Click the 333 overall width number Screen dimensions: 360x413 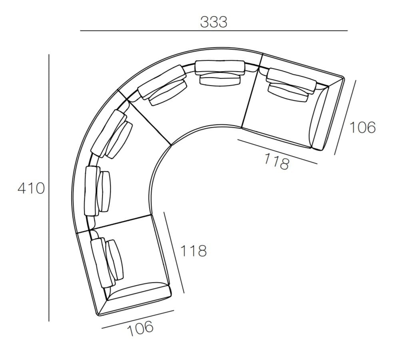(213, 22)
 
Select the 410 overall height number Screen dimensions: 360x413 (31, 188)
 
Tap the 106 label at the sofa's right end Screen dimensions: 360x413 (363, 127)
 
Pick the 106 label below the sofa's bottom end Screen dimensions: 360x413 (140, 328)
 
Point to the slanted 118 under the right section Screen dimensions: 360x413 (276, 161)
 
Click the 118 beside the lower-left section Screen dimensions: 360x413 (194, 251)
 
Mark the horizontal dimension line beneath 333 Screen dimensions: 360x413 (213, 31)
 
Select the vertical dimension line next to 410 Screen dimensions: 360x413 (49, 188)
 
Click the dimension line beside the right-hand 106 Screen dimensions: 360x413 (345, 117)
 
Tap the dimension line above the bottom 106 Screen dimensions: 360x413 (138, 319)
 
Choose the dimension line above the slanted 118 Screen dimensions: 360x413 (277, 151)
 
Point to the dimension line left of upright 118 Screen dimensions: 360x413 (174, 253)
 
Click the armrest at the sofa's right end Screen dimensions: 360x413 (320, 120)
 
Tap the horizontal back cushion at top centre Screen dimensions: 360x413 (219, 67)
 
